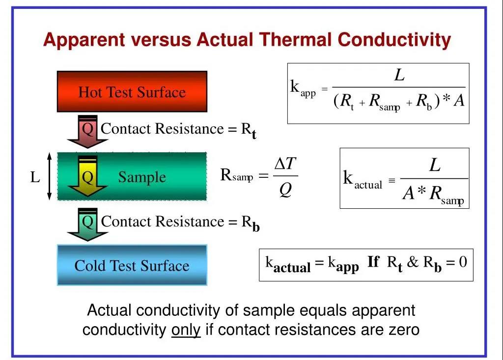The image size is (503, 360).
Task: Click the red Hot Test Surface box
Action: point(132,92)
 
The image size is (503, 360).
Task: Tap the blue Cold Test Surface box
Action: point(132,265)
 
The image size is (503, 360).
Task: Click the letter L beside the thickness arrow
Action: point(35,177)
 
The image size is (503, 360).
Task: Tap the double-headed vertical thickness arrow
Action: point(49,177)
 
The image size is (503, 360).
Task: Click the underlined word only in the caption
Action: point(186,329)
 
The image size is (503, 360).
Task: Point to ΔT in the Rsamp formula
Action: point(284,164)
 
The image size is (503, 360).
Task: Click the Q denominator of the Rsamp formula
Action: point(285,190)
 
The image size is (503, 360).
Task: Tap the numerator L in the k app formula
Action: point(400,76)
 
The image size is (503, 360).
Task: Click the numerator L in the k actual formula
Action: point(435,166)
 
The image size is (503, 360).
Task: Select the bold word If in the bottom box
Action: point(373,262)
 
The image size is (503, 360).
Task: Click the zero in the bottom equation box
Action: point(463,262)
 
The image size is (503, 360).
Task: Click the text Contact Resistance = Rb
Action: point(180,222)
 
